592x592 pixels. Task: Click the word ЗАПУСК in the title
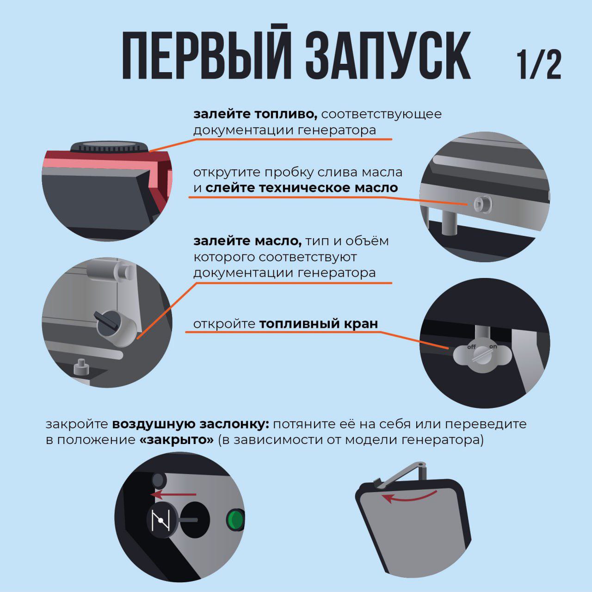click(388, 55)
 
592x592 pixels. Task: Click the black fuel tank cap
click(110, 148)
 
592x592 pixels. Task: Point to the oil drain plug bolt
click(483, 204)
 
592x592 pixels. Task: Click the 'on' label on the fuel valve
click(493, 346)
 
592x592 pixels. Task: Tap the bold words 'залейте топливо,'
click(255, 114)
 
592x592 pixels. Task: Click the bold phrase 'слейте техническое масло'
click(302, 188)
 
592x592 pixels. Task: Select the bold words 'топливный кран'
click(319, 324)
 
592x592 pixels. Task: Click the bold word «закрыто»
click(176, 440)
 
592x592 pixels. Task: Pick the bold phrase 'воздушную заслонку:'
click(191, 424)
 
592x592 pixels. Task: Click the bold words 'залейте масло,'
click(247, 241)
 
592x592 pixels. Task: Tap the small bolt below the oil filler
click(81, 367)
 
